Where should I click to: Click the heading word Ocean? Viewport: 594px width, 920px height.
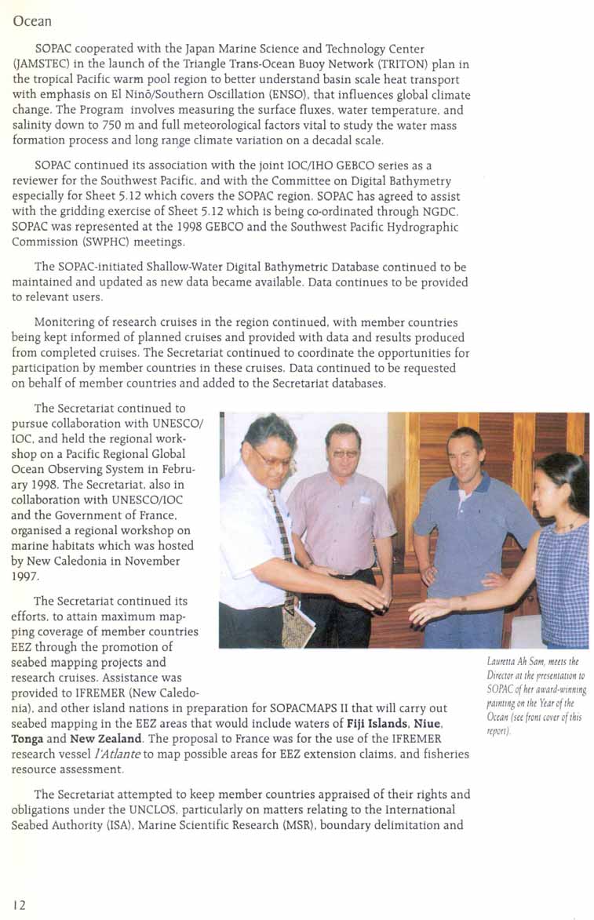32,22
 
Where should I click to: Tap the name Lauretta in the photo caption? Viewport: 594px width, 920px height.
504,665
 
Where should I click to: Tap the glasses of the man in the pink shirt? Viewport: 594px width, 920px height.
344,453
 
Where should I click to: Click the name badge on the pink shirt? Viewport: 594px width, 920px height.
365,500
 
